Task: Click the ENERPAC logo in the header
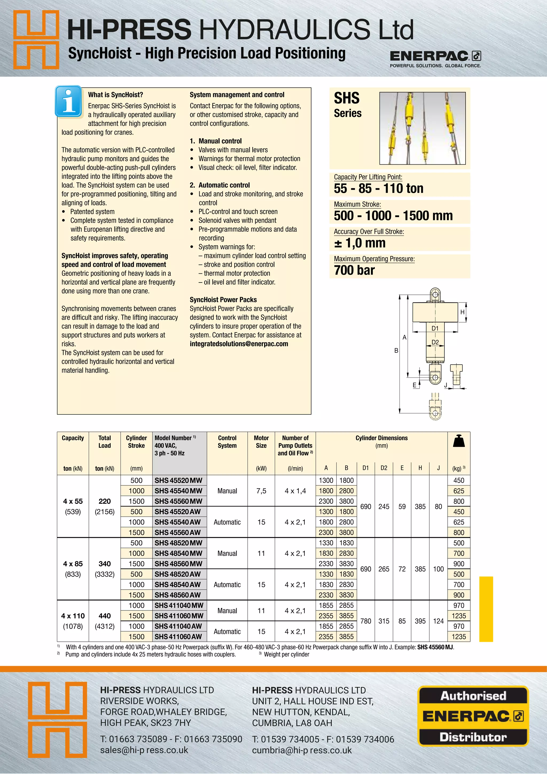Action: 435,56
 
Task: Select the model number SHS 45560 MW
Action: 178,501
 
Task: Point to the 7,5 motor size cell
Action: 261,491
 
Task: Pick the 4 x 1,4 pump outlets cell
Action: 295,491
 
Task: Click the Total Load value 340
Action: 104,564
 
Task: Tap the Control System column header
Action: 227,442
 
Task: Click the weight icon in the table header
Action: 459,441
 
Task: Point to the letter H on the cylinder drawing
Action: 462,312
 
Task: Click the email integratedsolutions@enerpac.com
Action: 239,344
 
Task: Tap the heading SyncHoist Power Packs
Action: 223,300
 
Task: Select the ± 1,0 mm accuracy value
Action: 360,243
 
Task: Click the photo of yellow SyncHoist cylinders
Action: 422,128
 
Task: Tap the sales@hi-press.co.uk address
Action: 144,750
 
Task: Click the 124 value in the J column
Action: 438,621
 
